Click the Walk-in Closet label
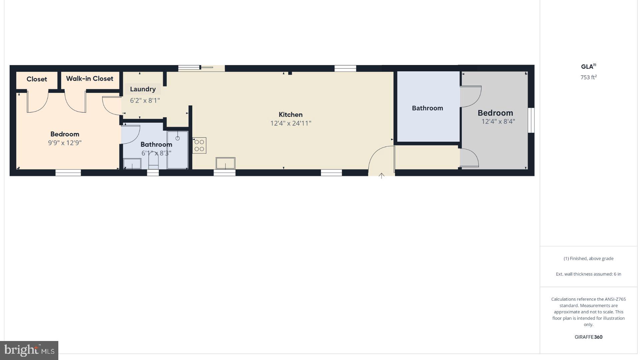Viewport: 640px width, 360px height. click(x=89, y=79)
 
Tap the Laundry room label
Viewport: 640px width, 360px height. click(x=143, y=89)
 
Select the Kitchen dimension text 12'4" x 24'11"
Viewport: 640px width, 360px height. click(x=291, y=123)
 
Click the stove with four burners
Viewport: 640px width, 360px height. click(x=199, y=145)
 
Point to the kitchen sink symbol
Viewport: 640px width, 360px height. click(x=225, y=163)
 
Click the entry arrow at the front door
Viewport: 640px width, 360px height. click(x=381, y=176)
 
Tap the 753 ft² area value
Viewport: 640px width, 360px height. click(x=588, y=77)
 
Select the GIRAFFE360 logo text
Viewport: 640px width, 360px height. click(x=588, y=337)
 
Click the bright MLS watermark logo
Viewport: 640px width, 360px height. click(x=29, y=350)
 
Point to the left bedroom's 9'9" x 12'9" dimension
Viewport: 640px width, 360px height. click(x=65, y=143)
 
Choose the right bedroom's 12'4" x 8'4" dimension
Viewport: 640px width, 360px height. click(x=498, y=122)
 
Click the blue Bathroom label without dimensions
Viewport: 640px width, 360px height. click(x=427, y=108)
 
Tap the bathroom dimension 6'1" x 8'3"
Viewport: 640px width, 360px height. click(x=156, y=153)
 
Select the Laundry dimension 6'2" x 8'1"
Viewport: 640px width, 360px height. click(x=145, y=100)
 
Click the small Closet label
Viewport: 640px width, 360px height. click(x=37, y=79)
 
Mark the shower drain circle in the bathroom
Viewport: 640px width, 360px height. click(x=177, y=138)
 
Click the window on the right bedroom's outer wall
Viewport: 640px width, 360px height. click(x=531, y=120)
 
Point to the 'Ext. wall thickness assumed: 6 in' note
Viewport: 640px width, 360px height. click(x=588, y=274)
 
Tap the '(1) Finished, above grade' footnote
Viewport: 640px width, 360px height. click(x=588, y=258)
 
